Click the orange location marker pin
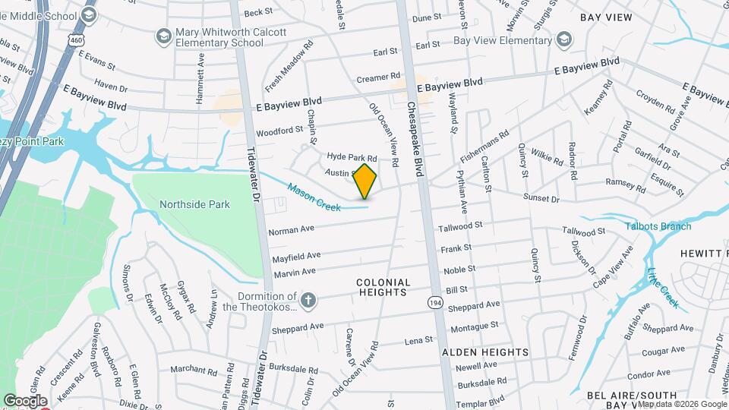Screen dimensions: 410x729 (365, 181)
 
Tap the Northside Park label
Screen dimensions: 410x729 (194, 204)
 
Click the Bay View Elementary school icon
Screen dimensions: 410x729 (563, 38)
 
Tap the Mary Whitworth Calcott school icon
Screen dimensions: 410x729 (163, 36)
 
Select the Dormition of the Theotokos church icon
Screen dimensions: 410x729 (308, 300)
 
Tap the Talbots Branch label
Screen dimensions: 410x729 (658, 226)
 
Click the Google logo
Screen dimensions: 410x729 (24, 401)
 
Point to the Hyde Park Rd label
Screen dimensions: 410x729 (352, 156)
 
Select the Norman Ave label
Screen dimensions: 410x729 (291, 228)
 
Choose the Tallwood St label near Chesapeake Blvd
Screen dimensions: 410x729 (462, 225)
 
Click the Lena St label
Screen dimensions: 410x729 (418, 340)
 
